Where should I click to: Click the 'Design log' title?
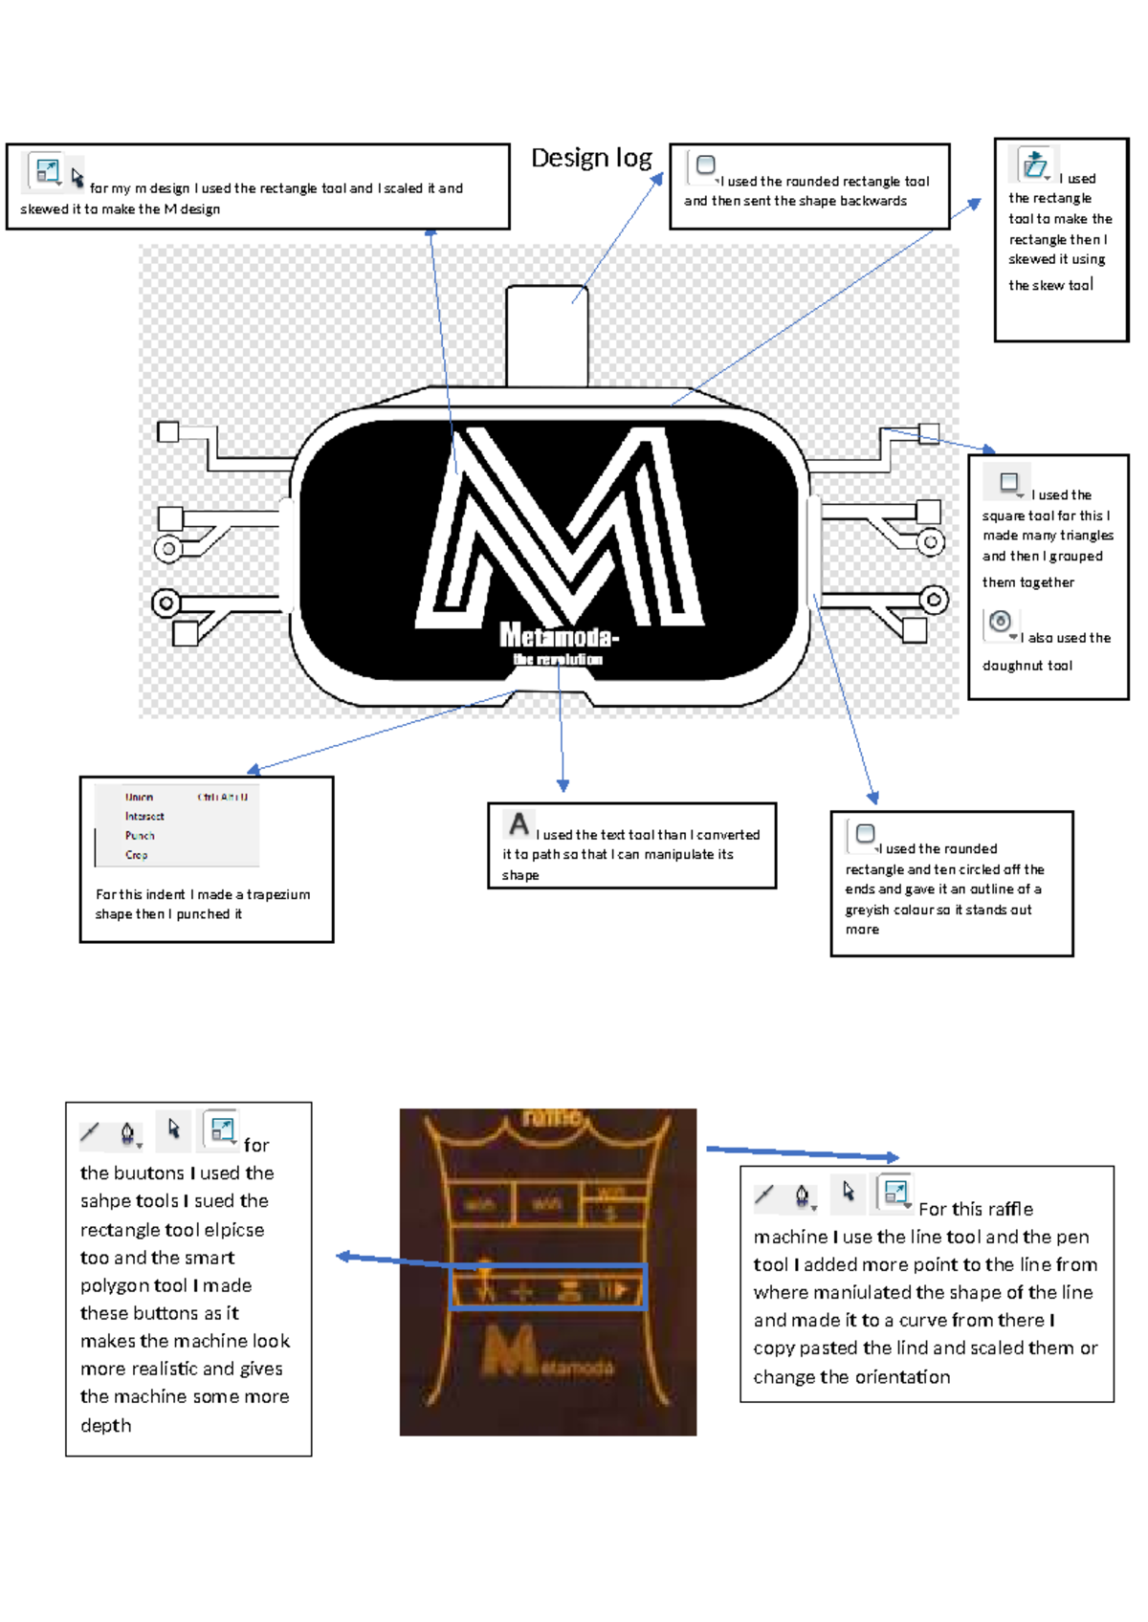click(x=591, y=158)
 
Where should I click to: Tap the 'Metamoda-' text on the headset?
click(x=559, y=635)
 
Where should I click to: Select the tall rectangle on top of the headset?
click(x=546, y=335)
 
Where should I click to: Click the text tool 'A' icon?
click(x=519, y=823)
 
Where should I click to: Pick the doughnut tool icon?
click(x=1001, y=623)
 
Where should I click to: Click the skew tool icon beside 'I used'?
click(x=1034, y=165)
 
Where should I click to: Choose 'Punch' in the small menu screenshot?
click(x=140, y=835)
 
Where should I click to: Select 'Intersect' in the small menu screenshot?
click(x=144, y=816)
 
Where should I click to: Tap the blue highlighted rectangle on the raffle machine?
click(x=548, y=1286)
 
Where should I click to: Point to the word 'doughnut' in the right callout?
click(x=1013, y=666)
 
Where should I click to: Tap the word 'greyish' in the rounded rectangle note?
click(x=868, y=910)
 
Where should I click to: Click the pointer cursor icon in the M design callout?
click(x=77, y=176)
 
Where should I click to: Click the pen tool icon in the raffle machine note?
click(x=803, y=1195)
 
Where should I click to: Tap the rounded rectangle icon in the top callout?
click(x=706, y=164)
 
